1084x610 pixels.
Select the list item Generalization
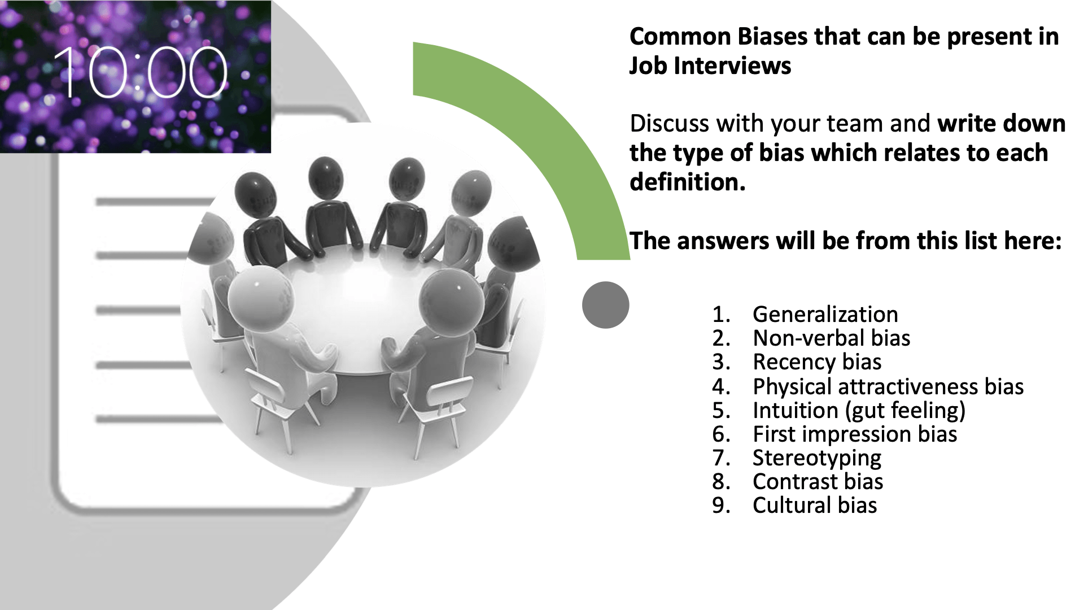coord(825,314)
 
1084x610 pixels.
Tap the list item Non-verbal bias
coord(831,338)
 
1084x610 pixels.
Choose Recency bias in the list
coord(817,361)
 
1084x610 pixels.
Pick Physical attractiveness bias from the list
coord(888,386)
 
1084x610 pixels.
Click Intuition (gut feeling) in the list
coord(859,411)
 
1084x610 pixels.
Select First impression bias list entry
coord(855,434)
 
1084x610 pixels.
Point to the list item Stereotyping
coord(817,458)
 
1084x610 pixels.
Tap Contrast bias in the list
coord(818,481)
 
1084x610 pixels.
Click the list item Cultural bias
coord(815,505)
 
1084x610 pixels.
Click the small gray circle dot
coord(606,305)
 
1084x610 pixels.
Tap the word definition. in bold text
coord(688,182)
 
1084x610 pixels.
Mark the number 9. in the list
coord(721,505)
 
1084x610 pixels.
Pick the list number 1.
coord(721,314)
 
